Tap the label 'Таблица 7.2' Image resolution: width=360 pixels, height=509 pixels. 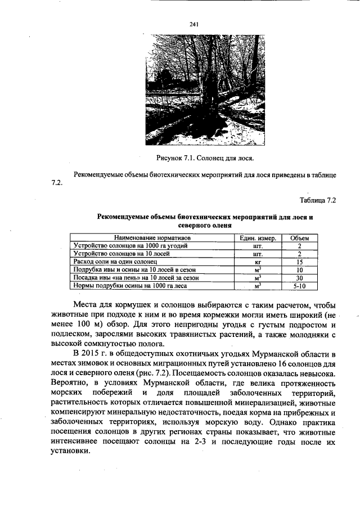point(318,200)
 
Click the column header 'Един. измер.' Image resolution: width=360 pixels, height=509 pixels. point(258,238)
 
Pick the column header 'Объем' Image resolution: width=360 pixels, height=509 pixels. point(300,238)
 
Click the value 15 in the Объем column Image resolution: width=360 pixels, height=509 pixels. point(300,262)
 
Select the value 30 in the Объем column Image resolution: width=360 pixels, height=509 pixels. point(300,278)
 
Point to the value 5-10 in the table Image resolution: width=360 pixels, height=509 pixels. point(300,286)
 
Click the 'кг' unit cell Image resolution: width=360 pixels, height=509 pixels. point(258,262)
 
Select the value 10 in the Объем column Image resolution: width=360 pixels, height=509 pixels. point(300,270)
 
